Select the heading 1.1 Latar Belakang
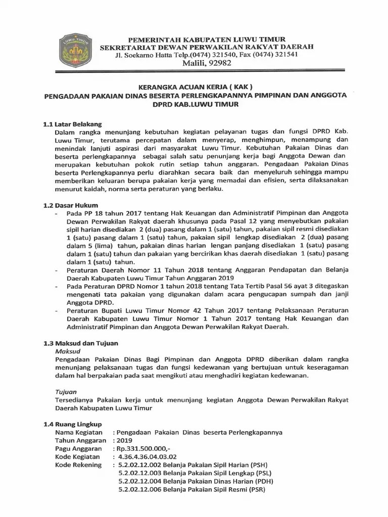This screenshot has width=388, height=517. [72, 124]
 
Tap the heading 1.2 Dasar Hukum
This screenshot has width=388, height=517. [70, 205]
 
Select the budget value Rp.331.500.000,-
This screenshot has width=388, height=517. [143, 449]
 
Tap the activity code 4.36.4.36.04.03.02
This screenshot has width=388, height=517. [148, 456]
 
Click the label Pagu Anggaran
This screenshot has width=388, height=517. [78, 449]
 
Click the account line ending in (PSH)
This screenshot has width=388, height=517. [192, 464]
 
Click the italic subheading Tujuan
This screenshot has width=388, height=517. [66, 391]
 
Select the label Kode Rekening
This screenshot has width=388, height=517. [78, 464]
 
